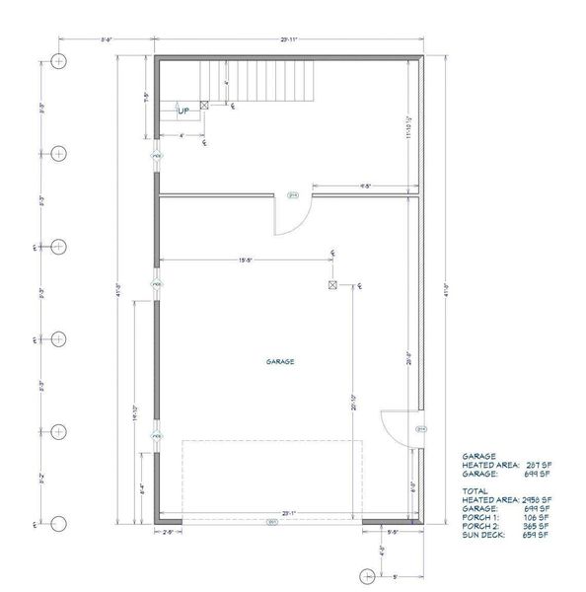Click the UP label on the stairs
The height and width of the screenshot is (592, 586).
point(183,111)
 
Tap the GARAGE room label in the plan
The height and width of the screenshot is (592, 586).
point(280,361)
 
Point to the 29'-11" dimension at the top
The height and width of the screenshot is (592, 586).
point(288,40)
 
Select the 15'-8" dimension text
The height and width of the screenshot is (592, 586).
point(248,260)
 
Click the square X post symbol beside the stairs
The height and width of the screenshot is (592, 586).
point(204,105)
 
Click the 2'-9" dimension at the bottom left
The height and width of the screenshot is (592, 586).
point(170,533)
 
